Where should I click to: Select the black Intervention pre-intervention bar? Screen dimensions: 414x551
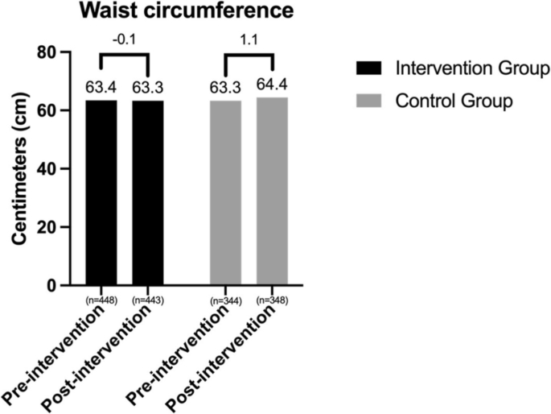[101, 193]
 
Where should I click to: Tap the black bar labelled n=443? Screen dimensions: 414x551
[147, 193]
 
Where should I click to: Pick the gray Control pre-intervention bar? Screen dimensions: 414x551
[226, 193]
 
